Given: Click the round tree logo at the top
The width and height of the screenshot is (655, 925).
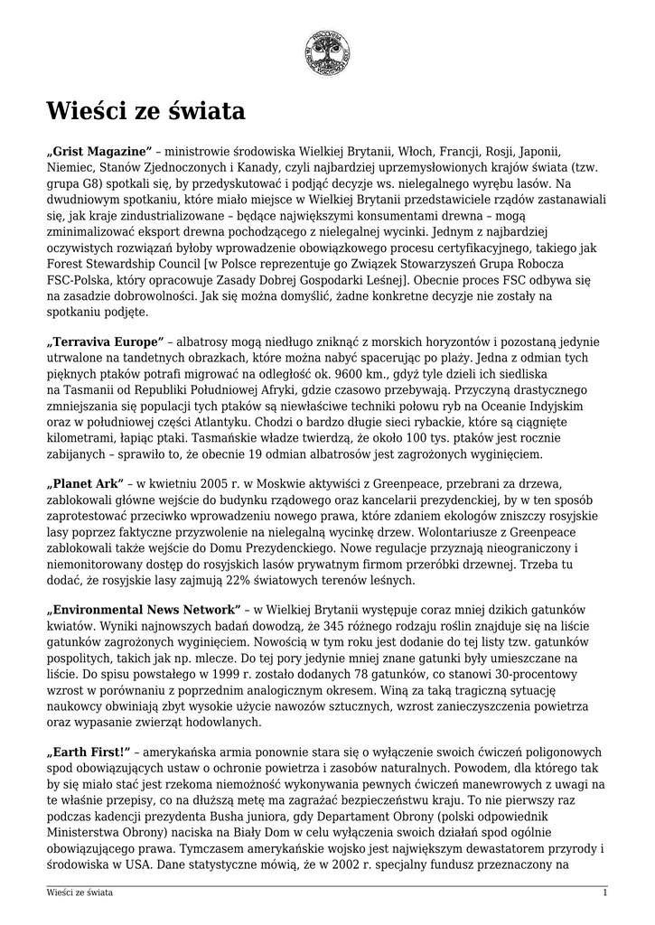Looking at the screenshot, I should [327, 51].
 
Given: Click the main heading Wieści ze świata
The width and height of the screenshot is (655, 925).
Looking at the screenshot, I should [146, 111].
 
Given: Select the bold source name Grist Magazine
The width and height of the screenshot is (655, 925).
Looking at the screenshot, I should [99, 150].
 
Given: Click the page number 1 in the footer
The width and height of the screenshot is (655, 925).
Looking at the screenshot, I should [604, 892].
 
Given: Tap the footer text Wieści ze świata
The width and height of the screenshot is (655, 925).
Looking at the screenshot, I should [80, 892].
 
